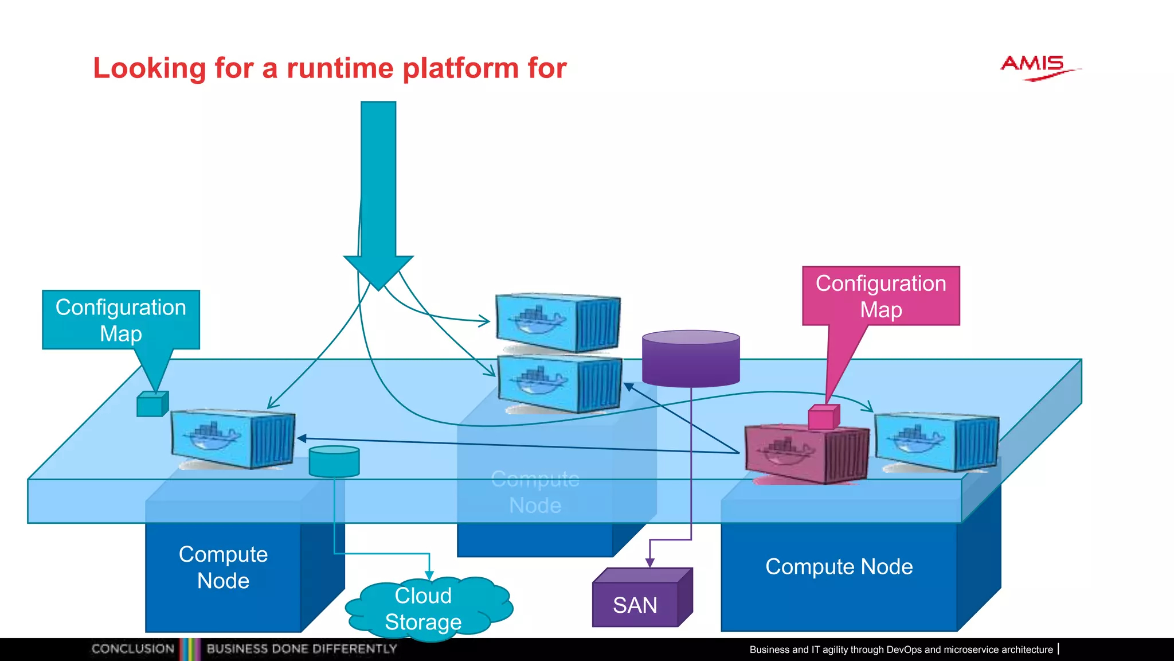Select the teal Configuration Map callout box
(x=121, y=320)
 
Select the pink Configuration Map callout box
(x=880, y=296)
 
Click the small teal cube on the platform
(x=152, y=404)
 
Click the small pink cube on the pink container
(x=824, y=417)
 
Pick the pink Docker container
(x=805, y=453)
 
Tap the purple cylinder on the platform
(x=691, y=358)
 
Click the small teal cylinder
(x=334, y=461)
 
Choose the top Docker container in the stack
(x=557, y=322)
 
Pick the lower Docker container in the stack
(x=559, y=383)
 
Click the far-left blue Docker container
(x=233, y=439)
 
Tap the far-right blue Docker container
(x=936, y=441)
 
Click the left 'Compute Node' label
(x=223, y=567)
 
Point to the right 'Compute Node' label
(x=839, y=567)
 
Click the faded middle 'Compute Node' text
(x=535, y=492)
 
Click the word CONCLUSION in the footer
(x=132, y=649)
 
